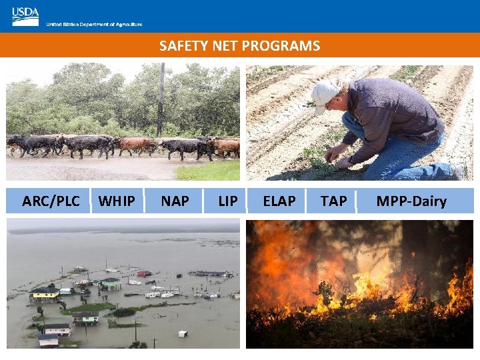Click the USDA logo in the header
pos(25,16)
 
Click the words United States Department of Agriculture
pos(94,25)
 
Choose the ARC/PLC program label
pos(51,201)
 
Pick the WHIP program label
pos(117,201)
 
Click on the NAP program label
pos(175,201)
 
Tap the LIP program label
pos(228,201)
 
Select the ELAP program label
pos(279,201)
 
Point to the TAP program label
pos(333,201)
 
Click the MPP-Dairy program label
pos(411,201)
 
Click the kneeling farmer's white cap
pos(325,94)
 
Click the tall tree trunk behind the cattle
pos(161,100)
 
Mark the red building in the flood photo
pos(142,273)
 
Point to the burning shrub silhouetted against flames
pos(327,293)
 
